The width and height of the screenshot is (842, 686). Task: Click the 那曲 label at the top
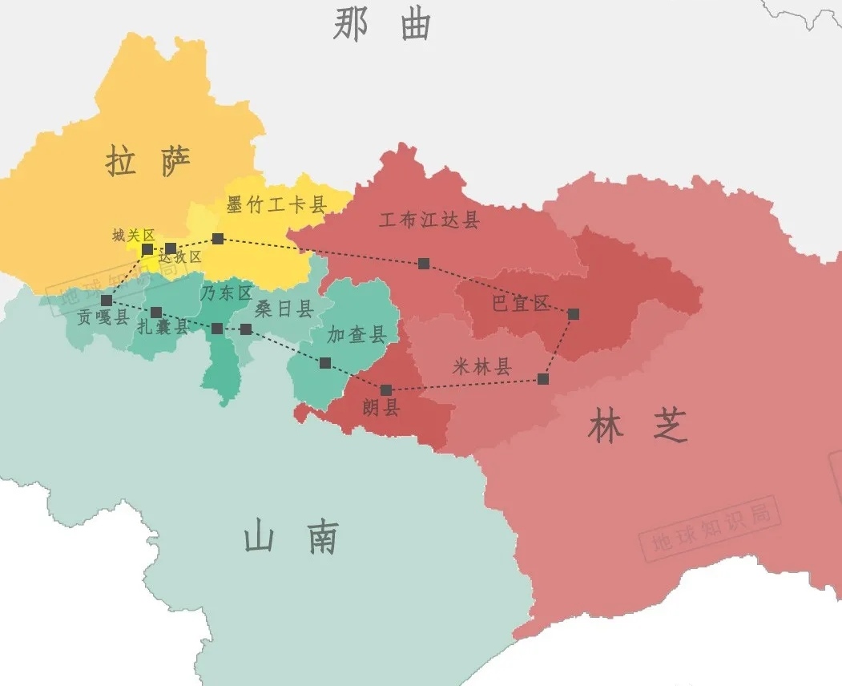click(382, 26)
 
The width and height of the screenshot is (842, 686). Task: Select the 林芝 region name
click(637, 427)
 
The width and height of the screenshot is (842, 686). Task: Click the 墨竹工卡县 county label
click(276, 205)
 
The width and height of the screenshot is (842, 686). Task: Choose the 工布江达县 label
click(429, 220)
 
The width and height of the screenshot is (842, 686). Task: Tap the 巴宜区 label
click(521, 304)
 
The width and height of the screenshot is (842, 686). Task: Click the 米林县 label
click(481, 367)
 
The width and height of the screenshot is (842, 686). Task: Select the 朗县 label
click(381, 409)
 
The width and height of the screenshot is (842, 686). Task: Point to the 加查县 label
click(357, 334)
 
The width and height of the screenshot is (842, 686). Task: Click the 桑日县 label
click(284, 309)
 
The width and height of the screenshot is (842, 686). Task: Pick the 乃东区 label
click(226, 293)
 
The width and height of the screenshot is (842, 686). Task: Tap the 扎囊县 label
click(163, 326)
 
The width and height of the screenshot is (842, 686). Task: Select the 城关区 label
click(133, 235)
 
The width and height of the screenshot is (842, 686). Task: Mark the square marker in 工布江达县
click(424, 263)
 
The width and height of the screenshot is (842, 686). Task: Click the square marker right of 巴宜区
click(574, 314)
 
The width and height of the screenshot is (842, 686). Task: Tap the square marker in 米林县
click(543, 378)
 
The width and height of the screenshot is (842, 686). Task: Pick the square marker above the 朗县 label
click(386, 390)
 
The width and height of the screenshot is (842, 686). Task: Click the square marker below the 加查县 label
click(324, 363)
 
